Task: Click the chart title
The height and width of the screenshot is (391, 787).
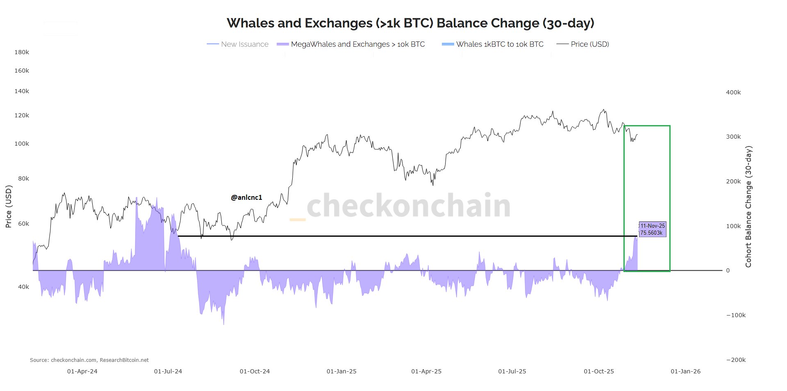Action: click(410, 23)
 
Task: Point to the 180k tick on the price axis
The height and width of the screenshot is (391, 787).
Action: click(22, 52)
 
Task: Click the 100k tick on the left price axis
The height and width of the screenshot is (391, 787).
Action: click(22, 144)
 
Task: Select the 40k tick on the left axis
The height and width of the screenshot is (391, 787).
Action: click(23, 287)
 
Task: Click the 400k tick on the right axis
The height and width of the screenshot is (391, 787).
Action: click(733, 92)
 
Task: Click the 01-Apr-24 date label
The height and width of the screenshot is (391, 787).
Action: click(82, 371)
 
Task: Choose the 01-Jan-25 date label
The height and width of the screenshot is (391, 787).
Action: click(341, 371)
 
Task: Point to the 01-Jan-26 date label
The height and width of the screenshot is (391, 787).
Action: click(685, 371)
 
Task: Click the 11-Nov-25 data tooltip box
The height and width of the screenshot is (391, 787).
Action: click(652, 229)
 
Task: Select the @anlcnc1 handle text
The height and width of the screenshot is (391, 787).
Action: click(246, 197)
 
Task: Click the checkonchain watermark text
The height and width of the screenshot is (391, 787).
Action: click(408, 206)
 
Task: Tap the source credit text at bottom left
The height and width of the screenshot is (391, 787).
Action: click(89, 360)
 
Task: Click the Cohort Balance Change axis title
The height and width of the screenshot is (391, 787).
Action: click(748, 207)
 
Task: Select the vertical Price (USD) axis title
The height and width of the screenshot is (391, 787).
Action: click(9, 206)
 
